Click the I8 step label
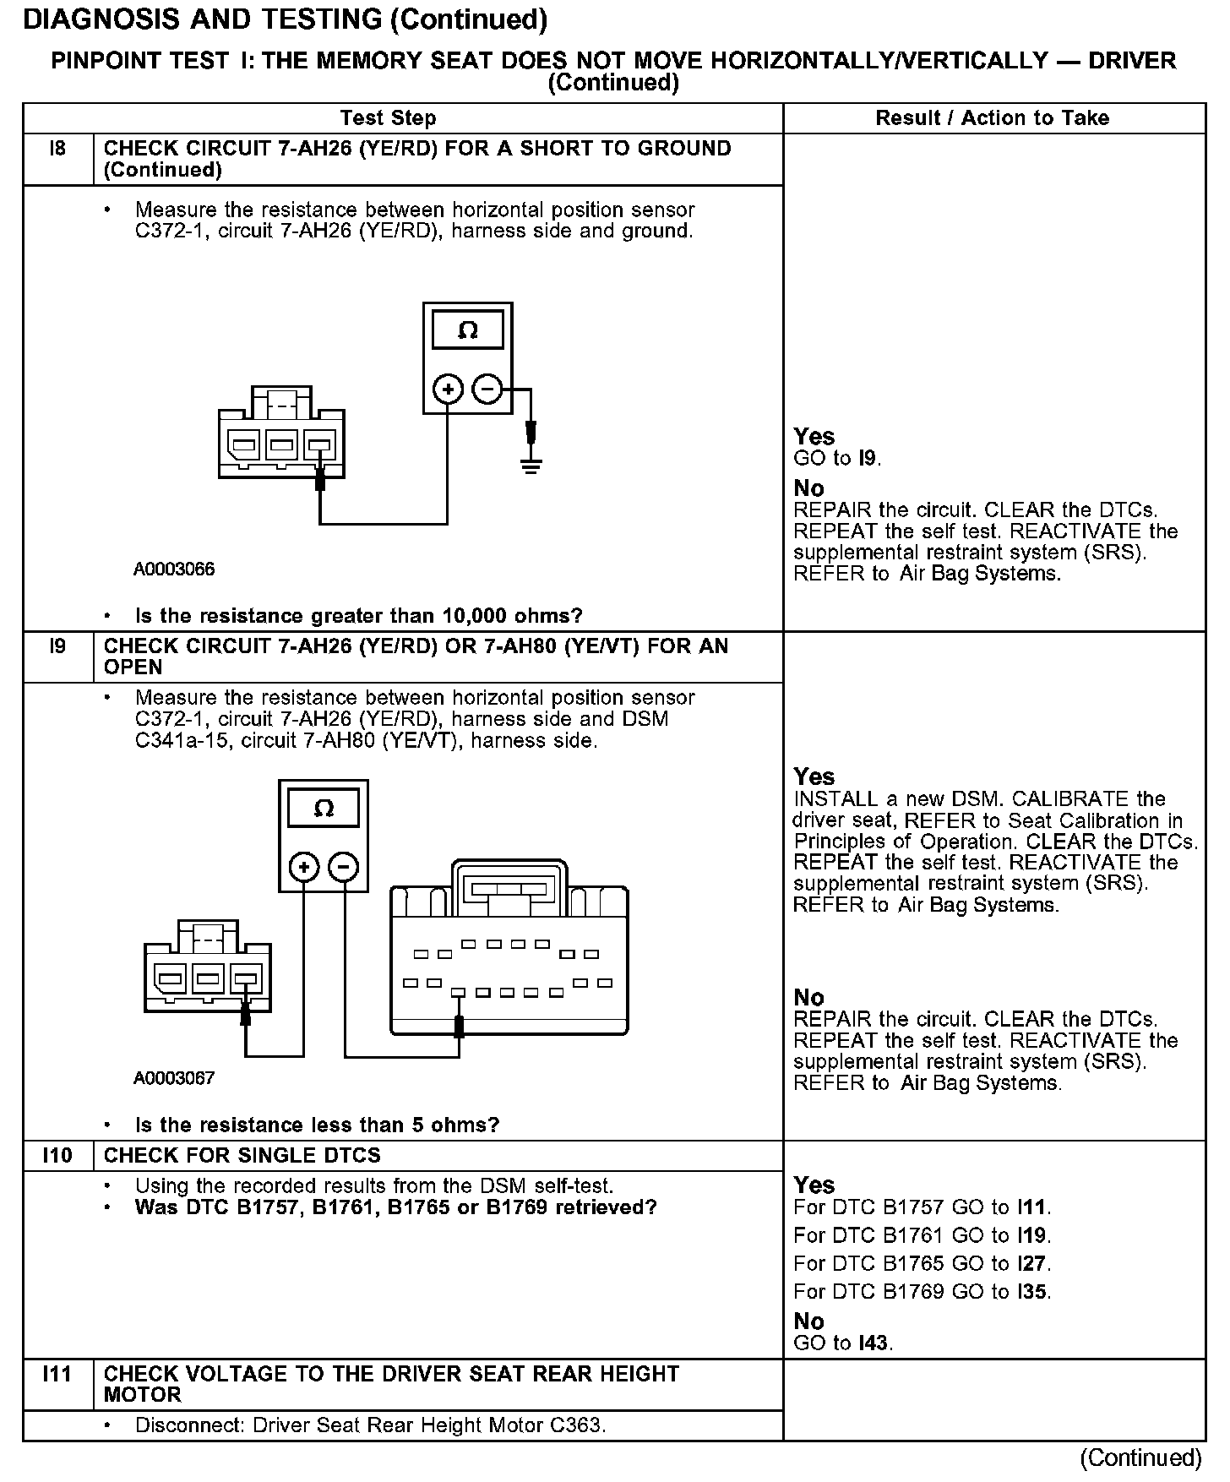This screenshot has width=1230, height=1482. click(x=57, y=149)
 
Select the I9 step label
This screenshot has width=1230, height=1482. click(x=57, y=646)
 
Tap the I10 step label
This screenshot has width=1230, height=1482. click(x=57, y=1155)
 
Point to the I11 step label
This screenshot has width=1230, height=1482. click(x=57, y=1374)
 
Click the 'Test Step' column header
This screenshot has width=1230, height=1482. click(x=388, y=118)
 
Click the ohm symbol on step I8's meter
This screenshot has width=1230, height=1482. click(x=467, y=330)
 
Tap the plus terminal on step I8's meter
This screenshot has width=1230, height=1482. click(x=448, y=390)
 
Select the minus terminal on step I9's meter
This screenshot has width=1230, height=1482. click(x=343, y=867)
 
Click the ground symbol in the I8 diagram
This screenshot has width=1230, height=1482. click(x=531, y=464)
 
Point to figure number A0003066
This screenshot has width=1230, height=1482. click(x=174, y=569)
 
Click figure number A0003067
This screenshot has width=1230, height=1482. click(x=174, y=1078)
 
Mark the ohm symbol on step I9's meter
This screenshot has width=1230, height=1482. click(x=324, y=809)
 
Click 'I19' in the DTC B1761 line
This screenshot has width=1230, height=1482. click(x=1032, y=1235)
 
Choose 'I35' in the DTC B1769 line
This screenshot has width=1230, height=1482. click(x=1032, y=1291)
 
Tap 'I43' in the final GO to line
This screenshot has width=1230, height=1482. click(x=874, y=1343)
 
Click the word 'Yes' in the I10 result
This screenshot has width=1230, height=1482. click(x=814, y=1185)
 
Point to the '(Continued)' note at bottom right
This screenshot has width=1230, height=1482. click(x=1140, y=1457)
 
